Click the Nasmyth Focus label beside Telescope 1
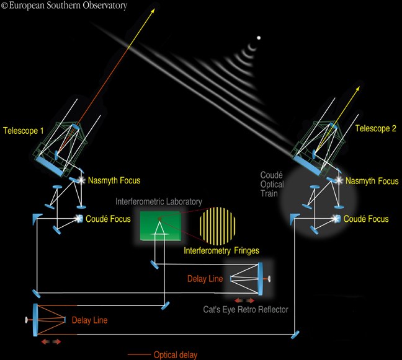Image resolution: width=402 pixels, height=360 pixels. coord(115,181)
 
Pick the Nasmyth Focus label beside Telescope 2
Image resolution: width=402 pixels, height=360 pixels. coord(372,181)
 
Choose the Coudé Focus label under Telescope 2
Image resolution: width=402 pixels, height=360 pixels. coord(366,219)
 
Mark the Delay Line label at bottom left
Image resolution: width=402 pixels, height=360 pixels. coord(89,320)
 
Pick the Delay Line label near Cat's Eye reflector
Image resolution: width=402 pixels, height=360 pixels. coord(205,279)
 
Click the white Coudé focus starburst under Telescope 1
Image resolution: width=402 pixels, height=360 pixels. coord(79,218)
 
